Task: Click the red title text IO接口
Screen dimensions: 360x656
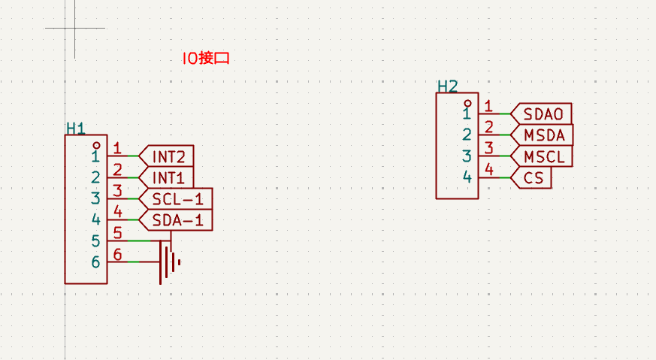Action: coord(205,58)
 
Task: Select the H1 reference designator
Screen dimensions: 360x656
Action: coord(75,129)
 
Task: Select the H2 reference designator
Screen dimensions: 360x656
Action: coord(447,86)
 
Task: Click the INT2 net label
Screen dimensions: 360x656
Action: coord(168,156)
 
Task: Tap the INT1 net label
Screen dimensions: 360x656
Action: coord(168,178)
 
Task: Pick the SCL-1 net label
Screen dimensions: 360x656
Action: coord(177,199)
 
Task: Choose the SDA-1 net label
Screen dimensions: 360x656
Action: coord(177,220)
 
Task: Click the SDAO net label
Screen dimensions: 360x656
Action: coord(543,114)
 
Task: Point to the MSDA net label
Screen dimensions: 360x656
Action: coord(543,135)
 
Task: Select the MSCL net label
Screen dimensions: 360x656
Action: coord(543,156)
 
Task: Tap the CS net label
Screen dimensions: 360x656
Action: coord(533,178)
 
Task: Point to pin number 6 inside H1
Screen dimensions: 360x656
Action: coord(95,262)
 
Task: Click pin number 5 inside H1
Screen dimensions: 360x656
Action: coord(95,241)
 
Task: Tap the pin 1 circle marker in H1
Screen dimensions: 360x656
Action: coord(96,144)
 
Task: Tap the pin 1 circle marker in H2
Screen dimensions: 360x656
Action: coord(467,102)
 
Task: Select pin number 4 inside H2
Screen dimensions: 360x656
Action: coord(467,177)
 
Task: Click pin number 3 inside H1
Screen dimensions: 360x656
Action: coord(95,199)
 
